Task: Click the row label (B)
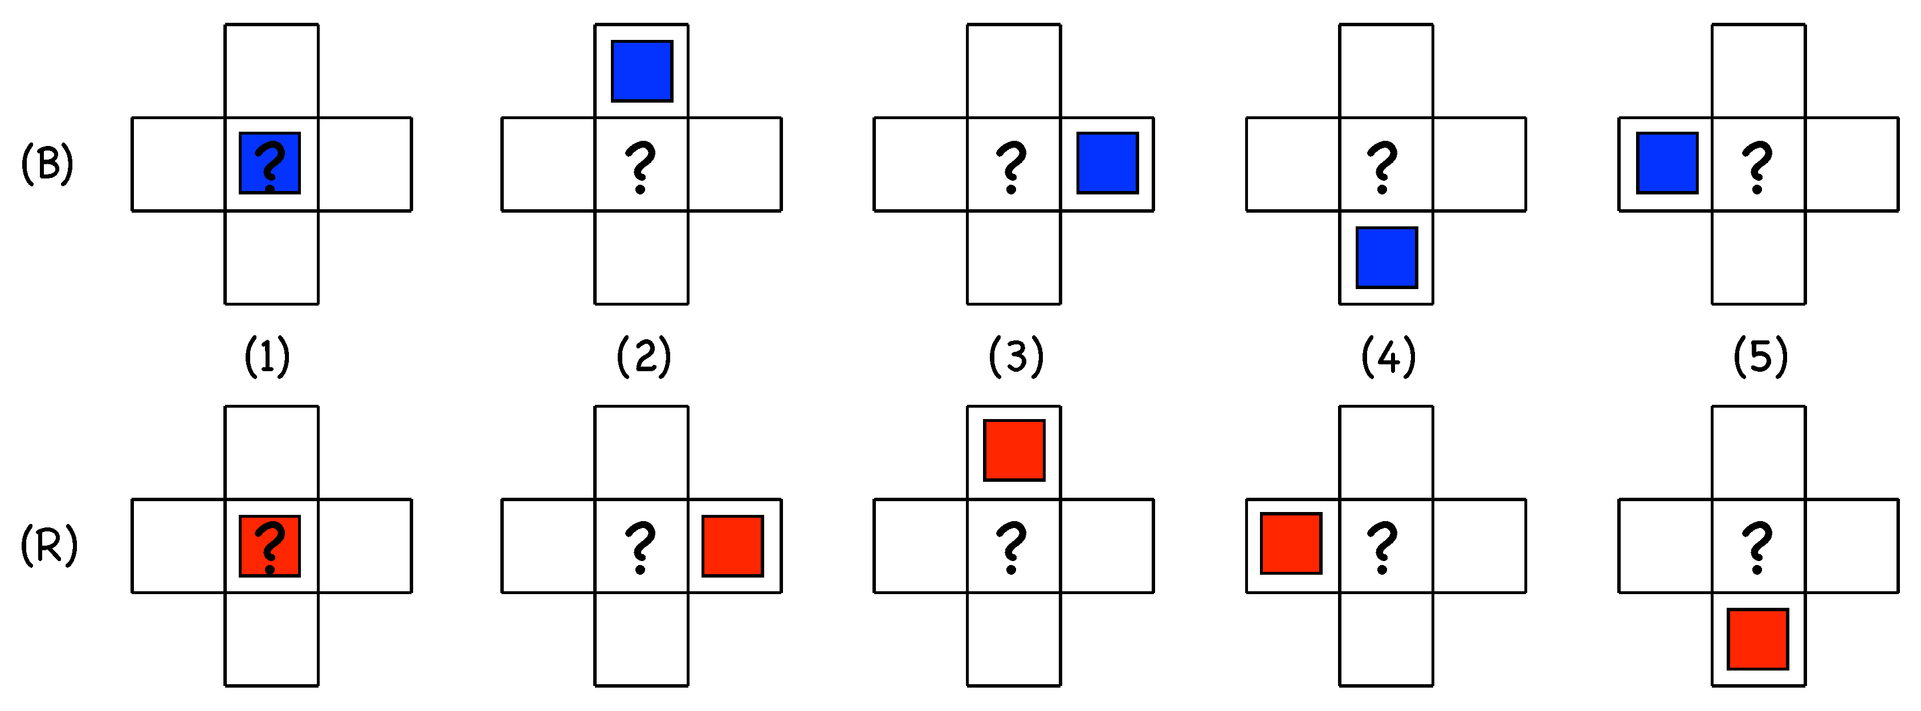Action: coord(47,164)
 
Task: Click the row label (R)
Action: coord(48,546)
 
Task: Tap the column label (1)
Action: coord(267,356)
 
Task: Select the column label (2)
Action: coord(643,356)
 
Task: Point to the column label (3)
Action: coord(1015,356)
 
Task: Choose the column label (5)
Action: coord(1760,356)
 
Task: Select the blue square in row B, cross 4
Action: coord(1386,257)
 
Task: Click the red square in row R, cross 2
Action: coord(732,546)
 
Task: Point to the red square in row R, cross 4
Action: coord(1291,543)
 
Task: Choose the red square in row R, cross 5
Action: coord(1757,639)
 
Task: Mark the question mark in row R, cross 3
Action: coord(1012,547)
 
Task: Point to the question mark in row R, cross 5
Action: coord(1757,547)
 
